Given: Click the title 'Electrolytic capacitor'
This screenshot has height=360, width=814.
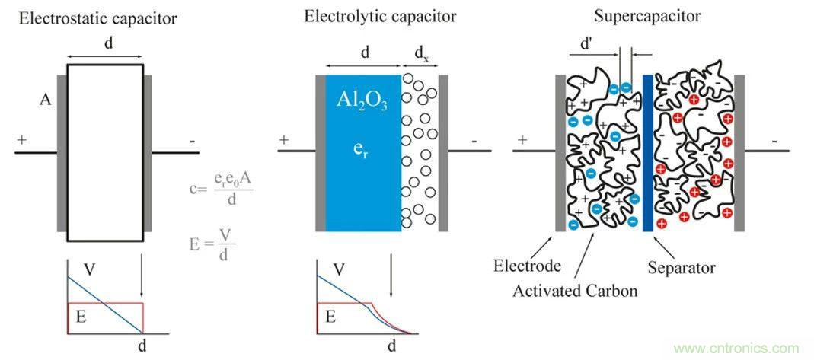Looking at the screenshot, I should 370,15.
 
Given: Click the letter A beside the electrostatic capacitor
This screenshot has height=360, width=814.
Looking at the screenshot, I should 46,98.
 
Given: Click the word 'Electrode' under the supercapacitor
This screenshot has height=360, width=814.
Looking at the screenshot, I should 527,266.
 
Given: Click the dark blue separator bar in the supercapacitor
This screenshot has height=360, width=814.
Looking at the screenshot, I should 647,152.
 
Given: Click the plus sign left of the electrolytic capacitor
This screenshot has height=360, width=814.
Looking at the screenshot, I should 285,140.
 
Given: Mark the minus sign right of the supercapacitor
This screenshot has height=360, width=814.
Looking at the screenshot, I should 774,141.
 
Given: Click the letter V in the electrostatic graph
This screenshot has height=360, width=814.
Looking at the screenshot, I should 90,270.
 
